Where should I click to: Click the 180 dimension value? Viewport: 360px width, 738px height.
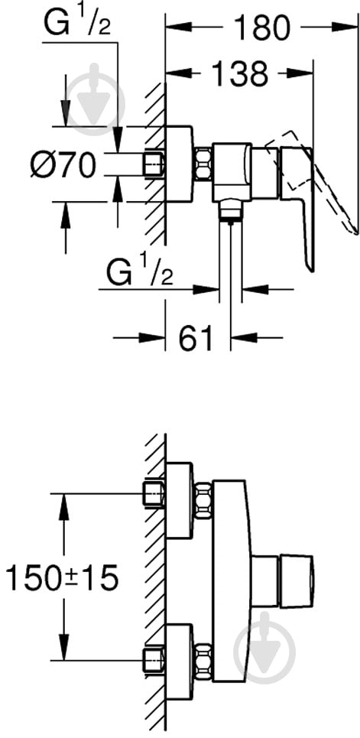coord(263,28)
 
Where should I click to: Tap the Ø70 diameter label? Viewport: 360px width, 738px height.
coord(63,165)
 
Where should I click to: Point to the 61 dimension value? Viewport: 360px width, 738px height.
coord(196,337)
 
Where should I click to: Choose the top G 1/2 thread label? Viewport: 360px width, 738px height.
coord(76,24)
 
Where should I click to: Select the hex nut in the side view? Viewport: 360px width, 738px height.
coord(203,164)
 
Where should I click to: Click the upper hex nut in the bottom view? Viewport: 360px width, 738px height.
coord(203,500)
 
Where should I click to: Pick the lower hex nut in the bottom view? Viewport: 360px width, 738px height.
coord(203,661)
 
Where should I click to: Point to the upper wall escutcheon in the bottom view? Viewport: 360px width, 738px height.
coord(180,500)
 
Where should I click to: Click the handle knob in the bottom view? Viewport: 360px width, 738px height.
coord(297,580)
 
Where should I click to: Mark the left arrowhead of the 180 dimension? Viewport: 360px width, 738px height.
coord(180,28)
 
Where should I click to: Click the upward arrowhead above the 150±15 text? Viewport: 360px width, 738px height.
coord(63,506)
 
